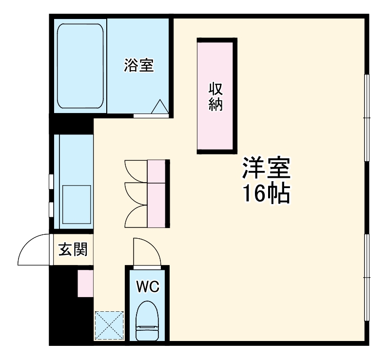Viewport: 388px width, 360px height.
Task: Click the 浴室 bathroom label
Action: tap(138, 65)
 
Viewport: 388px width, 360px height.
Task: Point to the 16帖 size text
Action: tap(266, 194)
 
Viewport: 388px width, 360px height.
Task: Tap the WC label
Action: tap(147, 287)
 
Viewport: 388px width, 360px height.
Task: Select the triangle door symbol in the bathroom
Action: tap(160, 107)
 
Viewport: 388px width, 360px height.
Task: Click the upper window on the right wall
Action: tap(367, 118)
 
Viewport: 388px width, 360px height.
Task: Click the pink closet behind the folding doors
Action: tap(156, 193)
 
